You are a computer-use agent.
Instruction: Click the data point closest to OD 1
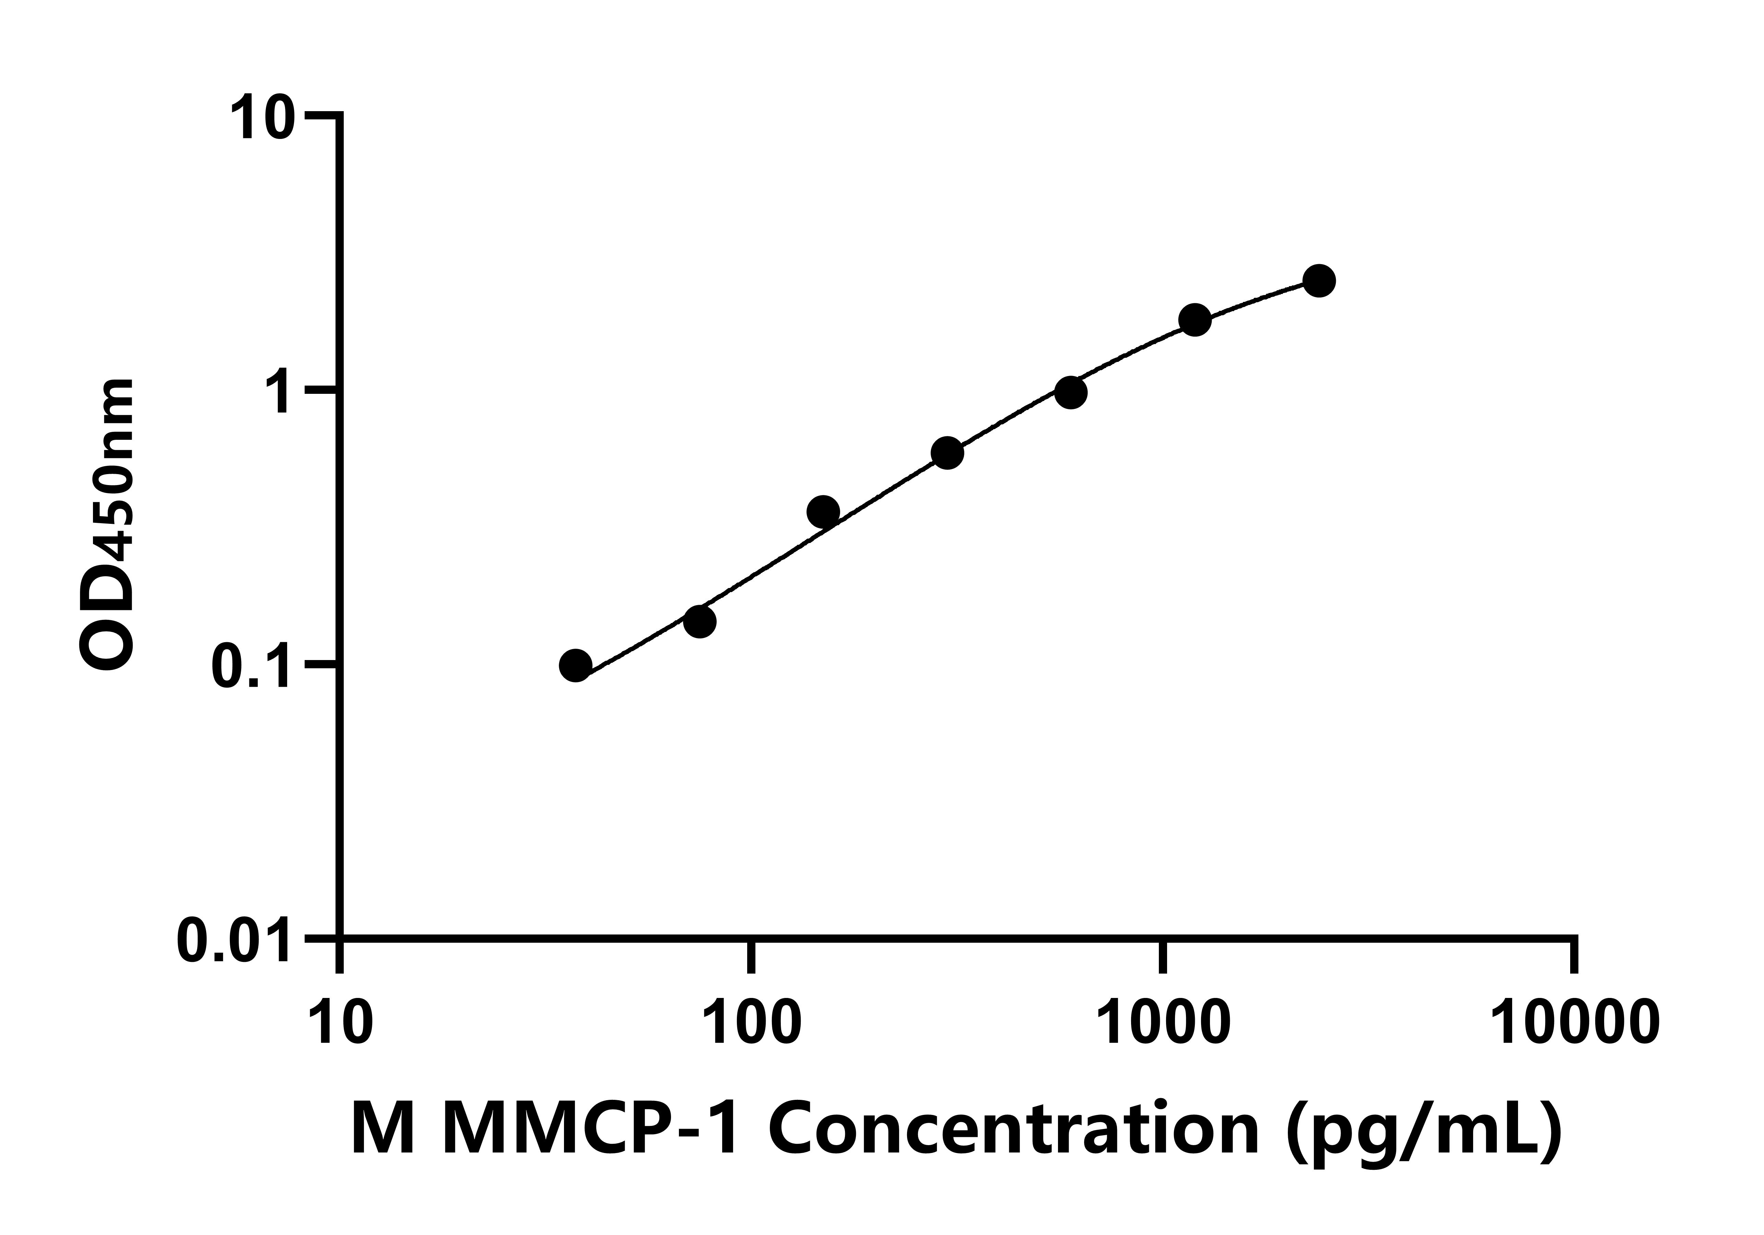coord(1070,393)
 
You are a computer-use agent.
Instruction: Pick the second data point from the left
coord(699,622)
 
